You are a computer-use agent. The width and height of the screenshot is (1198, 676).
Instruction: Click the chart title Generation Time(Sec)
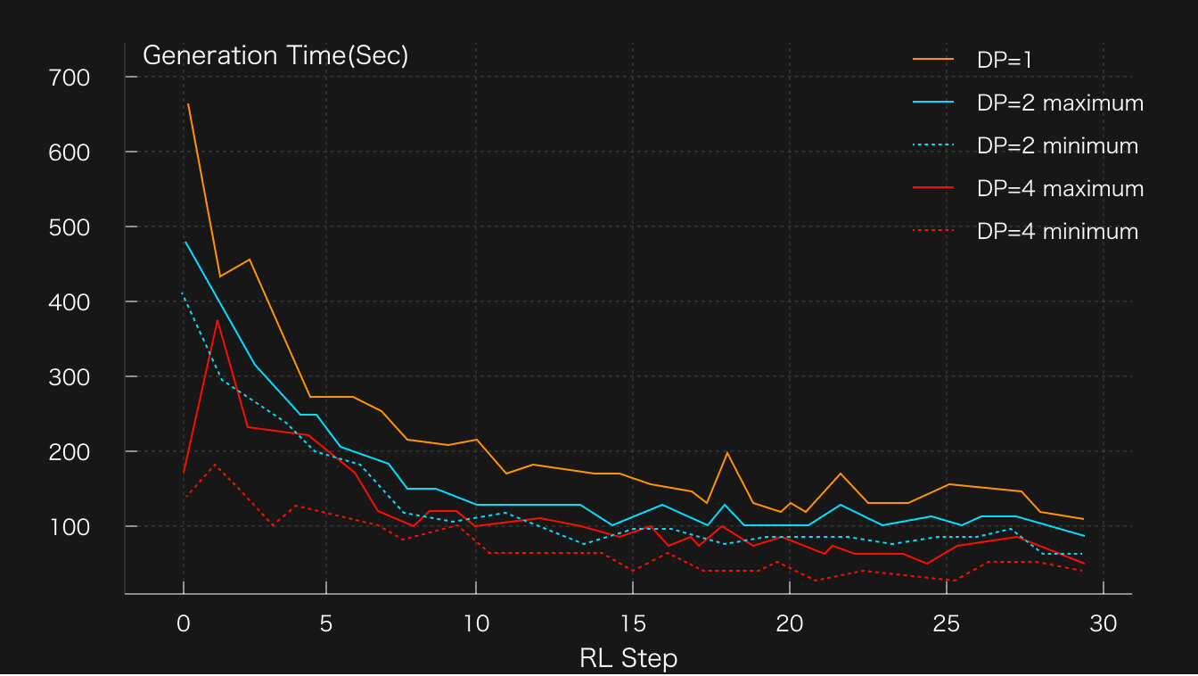275,55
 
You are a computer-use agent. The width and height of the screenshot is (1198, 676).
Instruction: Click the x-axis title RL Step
628,658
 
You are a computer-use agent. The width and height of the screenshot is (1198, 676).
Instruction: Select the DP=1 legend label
1005,59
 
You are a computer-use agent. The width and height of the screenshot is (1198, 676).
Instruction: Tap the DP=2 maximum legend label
1060,103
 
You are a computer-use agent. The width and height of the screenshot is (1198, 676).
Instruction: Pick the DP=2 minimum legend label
1057,145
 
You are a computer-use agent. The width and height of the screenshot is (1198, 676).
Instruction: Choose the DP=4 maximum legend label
1060,188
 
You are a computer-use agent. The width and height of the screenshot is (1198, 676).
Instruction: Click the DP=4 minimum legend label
1057,231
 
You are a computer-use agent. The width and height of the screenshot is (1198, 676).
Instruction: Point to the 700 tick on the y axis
70,78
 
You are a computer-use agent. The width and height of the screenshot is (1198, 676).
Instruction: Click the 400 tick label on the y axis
70,301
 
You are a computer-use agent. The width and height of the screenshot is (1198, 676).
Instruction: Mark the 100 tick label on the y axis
70,526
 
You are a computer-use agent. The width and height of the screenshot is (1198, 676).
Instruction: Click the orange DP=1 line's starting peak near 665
188,104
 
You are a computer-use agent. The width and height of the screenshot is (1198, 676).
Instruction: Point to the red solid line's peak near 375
217,320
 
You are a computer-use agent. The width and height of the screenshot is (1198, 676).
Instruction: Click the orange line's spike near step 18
727,453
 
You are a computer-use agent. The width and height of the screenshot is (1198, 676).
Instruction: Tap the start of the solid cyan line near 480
185,242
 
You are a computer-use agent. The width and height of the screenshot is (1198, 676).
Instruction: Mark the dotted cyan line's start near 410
182,293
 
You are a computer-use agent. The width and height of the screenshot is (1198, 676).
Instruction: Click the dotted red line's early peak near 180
215,465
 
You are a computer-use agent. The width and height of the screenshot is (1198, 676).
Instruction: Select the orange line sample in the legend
933,59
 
